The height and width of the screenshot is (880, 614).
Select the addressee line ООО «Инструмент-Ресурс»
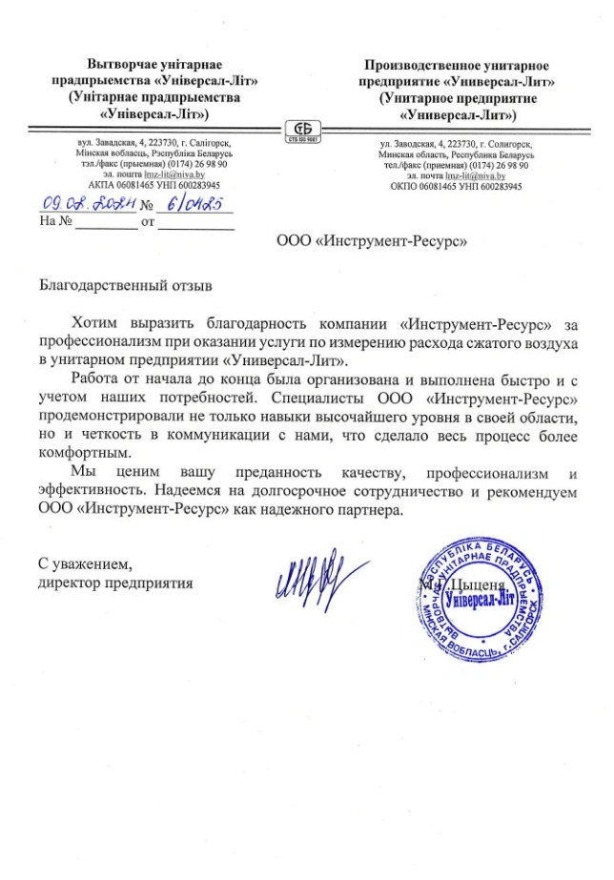[371, 243]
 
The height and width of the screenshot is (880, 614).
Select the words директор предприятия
[115, 580]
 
